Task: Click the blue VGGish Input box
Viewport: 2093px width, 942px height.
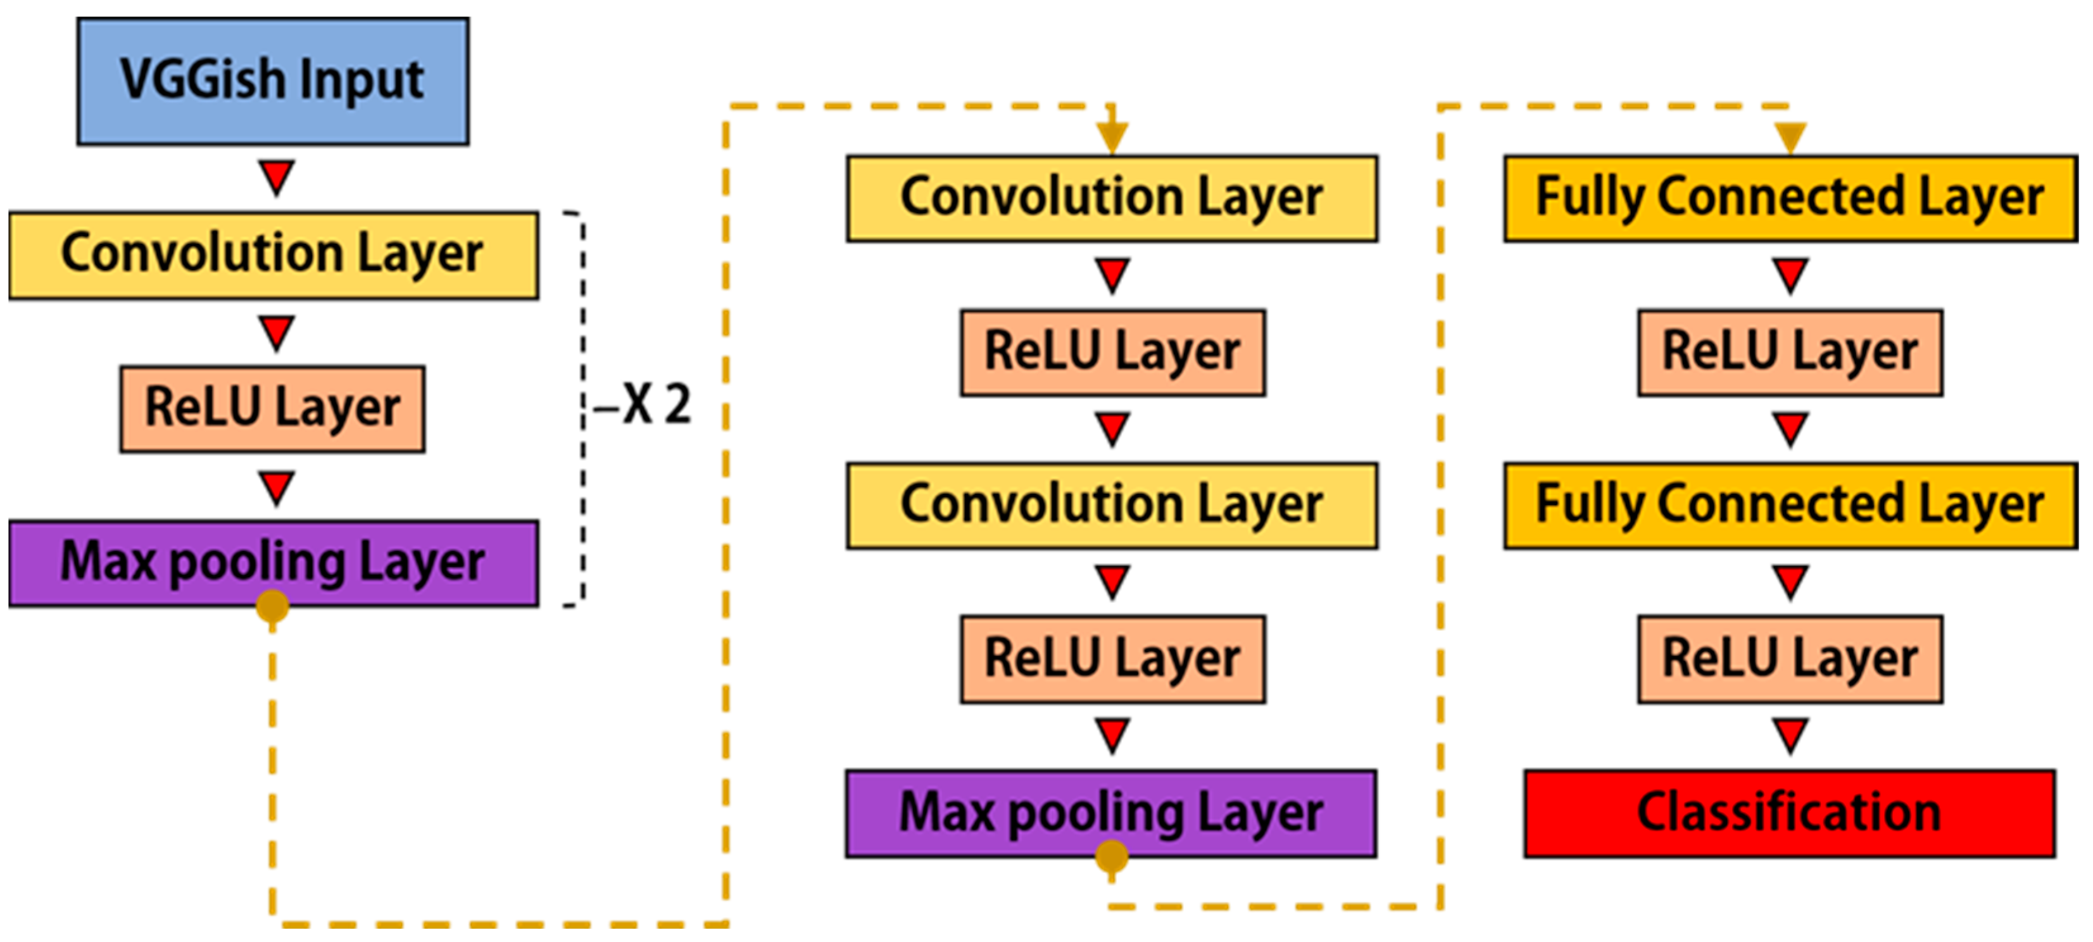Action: [273, 81]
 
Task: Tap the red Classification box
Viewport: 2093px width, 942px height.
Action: [1789, 813]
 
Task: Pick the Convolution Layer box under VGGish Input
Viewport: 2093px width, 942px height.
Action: [273, 255]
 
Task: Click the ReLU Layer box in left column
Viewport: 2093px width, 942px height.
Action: [272, 409]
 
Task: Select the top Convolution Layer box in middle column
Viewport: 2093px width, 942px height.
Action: [1112, 198]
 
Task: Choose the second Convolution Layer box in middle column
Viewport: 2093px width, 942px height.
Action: [1112, 506]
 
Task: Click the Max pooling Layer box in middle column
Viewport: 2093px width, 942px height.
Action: [1110, 813]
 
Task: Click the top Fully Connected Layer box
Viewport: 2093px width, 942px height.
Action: [1790, 198]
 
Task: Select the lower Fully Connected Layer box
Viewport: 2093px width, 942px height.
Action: [1790, 506]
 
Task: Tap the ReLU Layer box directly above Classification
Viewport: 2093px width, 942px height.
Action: [1790, 659]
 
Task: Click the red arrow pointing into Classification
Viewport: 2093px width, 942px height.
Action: [1790, 734]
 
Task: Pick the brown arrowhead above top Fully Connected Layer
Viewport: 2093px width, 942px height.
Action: [1790, 135]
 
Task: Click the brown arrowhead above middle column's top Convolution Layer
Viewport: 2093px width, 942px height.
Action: [1112, 137]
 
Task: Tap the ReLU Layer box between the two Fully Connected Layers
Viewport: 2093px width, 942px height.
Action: [1790, 352]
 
